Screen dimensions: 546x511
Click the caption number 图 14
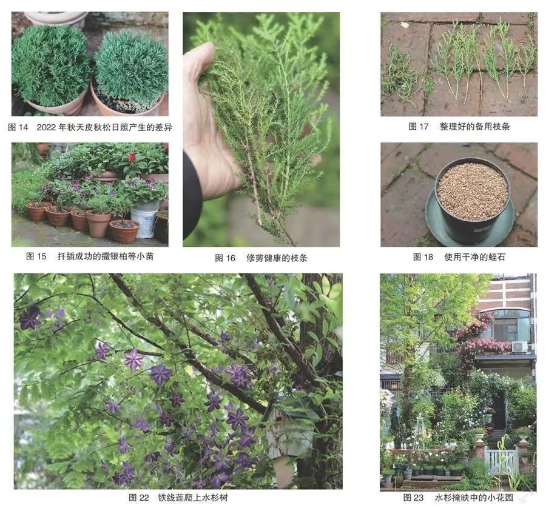[18, 127]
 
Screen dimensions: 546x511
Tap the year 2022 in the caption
[46, 127]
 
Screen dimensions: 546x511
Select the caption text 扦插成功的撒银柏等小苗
[106, 256]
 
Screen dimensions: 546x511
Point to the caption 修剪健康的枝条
[277, 258]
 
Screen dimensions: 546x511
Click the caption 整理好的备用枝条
[474, 126]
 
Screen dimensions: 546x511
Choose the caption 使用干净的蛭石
[474, 257]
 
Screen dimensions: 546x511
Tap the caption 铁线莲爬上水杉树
[193, 498]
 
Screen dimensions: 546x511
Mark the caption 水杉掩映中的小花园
[474, 498]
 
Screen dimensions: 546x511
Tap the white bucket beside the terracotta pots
[145, 219]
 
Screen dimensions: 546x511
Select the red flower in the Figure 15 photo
[132, 157]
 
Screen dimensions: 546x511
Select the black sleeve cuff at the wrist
[192, 195]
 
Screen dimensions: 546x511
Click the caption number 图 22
[138, 498]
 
